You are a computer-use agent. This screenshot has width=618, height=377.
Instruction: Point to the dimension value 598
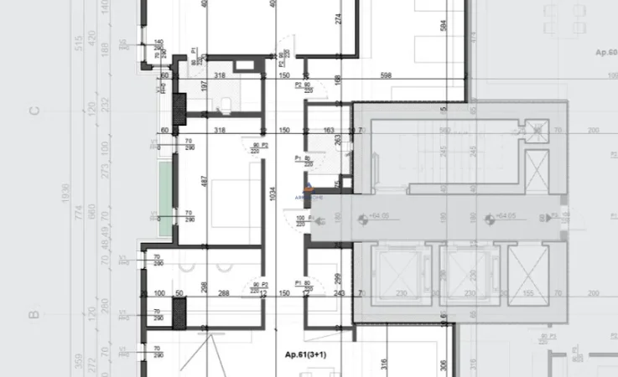click(x=386, y=76)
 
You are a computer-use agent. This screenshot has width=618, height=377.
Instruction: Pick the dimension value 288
click(x=224, y=293)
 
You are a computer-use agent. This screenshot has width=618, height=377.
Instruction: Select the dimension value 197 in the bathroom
click(x=204, y=86)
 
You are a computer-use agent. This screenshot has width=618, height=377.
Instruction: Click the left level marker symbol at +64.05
click(x=361, y=219)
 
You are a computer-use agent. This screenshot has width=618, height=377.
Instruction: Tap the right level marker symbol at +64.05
click(x=489, y=219)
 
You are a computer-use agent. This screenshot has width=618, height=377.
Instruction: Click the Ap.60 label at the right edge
click(x=605, y=51)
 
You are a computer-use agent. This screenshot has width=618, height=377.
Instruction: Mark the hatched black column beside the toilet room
click(x=179, y=108)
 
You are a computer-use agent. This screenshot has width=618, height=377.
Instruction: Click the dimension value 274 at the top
click(x=338, y=18)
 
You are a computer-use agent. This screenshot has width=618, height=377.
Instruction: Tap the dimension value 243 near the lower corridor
click(x=340, y=293)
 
